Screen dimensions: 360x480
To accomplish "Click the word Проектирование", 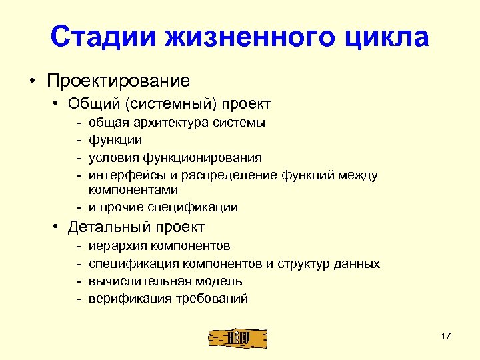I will (118, 81).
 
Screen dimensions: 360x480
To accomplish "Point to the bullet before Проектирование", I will (32, 82).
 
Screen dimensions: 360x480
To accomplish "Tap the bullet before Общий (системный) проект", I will (58, 104).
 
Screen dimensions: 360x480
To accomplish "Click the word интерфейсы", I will (124, 175).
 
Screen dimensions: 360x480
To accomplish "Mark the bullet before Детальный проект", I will (58, 228).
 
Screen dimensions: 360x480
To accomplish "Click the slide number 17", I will (446, 336).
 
